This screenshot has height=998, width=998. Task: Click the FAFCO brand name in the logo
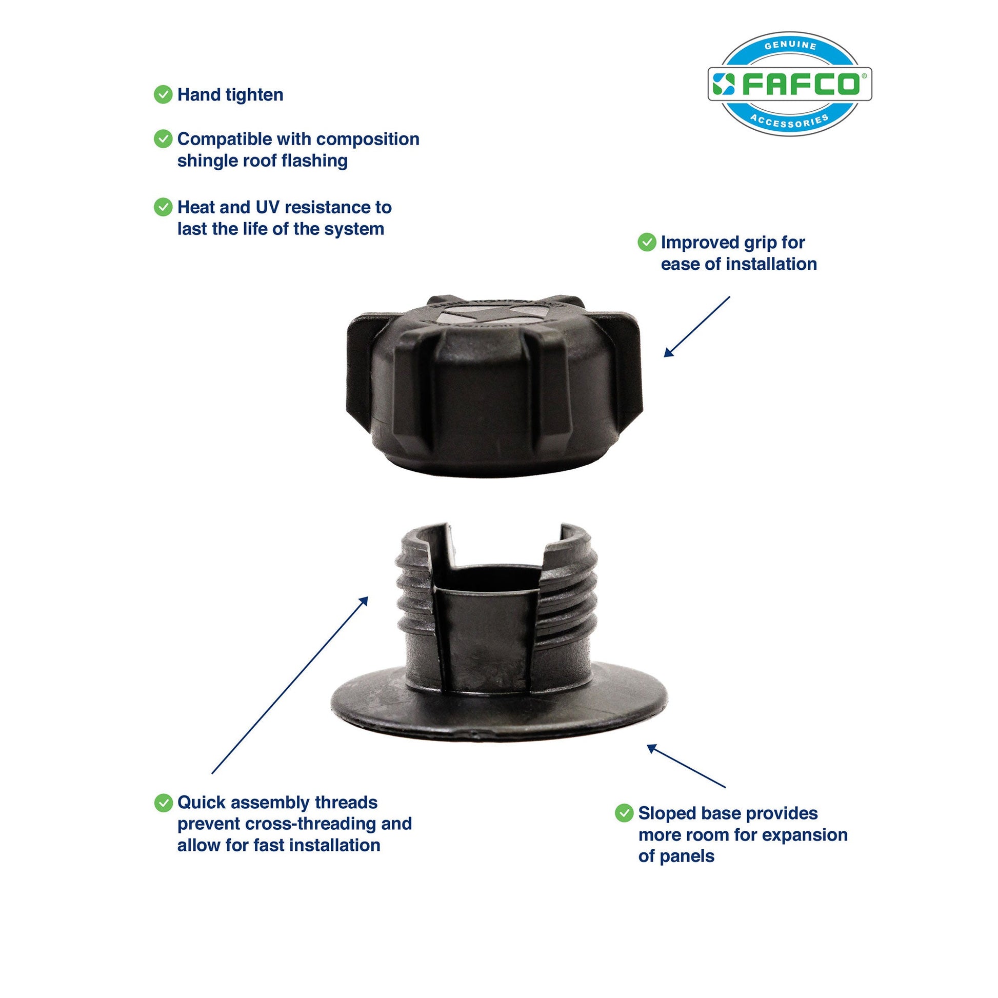pyautogui.click(x=801, y=84)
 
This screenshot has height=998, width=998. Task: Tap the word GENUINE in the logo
pyautogui.click(x=790, y=46)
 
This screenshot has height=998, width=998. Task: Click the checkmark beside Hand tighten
pyautogui.click(x=163, y=94)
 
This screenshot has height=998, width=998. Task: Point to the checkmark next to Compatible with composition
pyautogui.click(x=163, y=139)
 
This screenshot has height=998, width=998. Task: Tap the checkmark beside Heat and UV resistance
pyautogui.click(x=163, y=207)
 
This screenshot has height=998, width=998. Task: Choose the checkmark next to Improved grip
pyautogui.click(x=647, y=242)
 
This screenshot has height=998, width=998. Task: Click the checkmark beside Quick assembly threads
pyautogui.click(x=163, y=802)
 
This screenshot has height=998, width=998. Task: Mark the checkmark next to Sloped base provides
pyautogui.click(x=624, y=813)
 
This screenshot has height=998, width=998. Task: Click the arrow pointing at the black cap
pyautogui.click(x=697, y=327)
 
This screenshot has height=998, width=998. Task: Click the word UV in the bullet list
pyautogui.click(x=268, y=207)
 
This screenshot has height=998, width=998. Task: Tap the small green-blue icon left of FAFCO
pyautogui.click(x=724, y=84)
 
